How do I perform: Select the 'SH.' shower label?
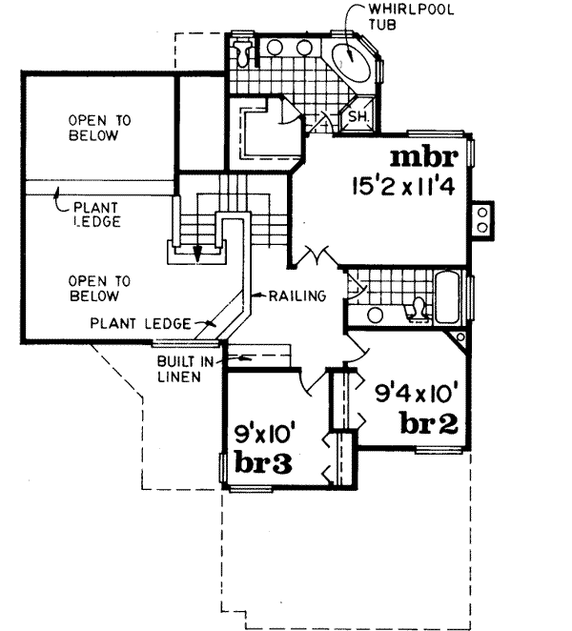pos(360,117)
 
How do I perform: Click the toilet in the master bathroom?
pos(245,52)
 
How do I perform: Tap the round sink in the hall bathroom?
pos(375,314)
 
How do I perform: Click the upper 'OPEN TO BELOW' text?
pos(92,128)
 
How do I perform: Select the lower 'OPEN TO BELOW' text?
pos(92,288)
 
